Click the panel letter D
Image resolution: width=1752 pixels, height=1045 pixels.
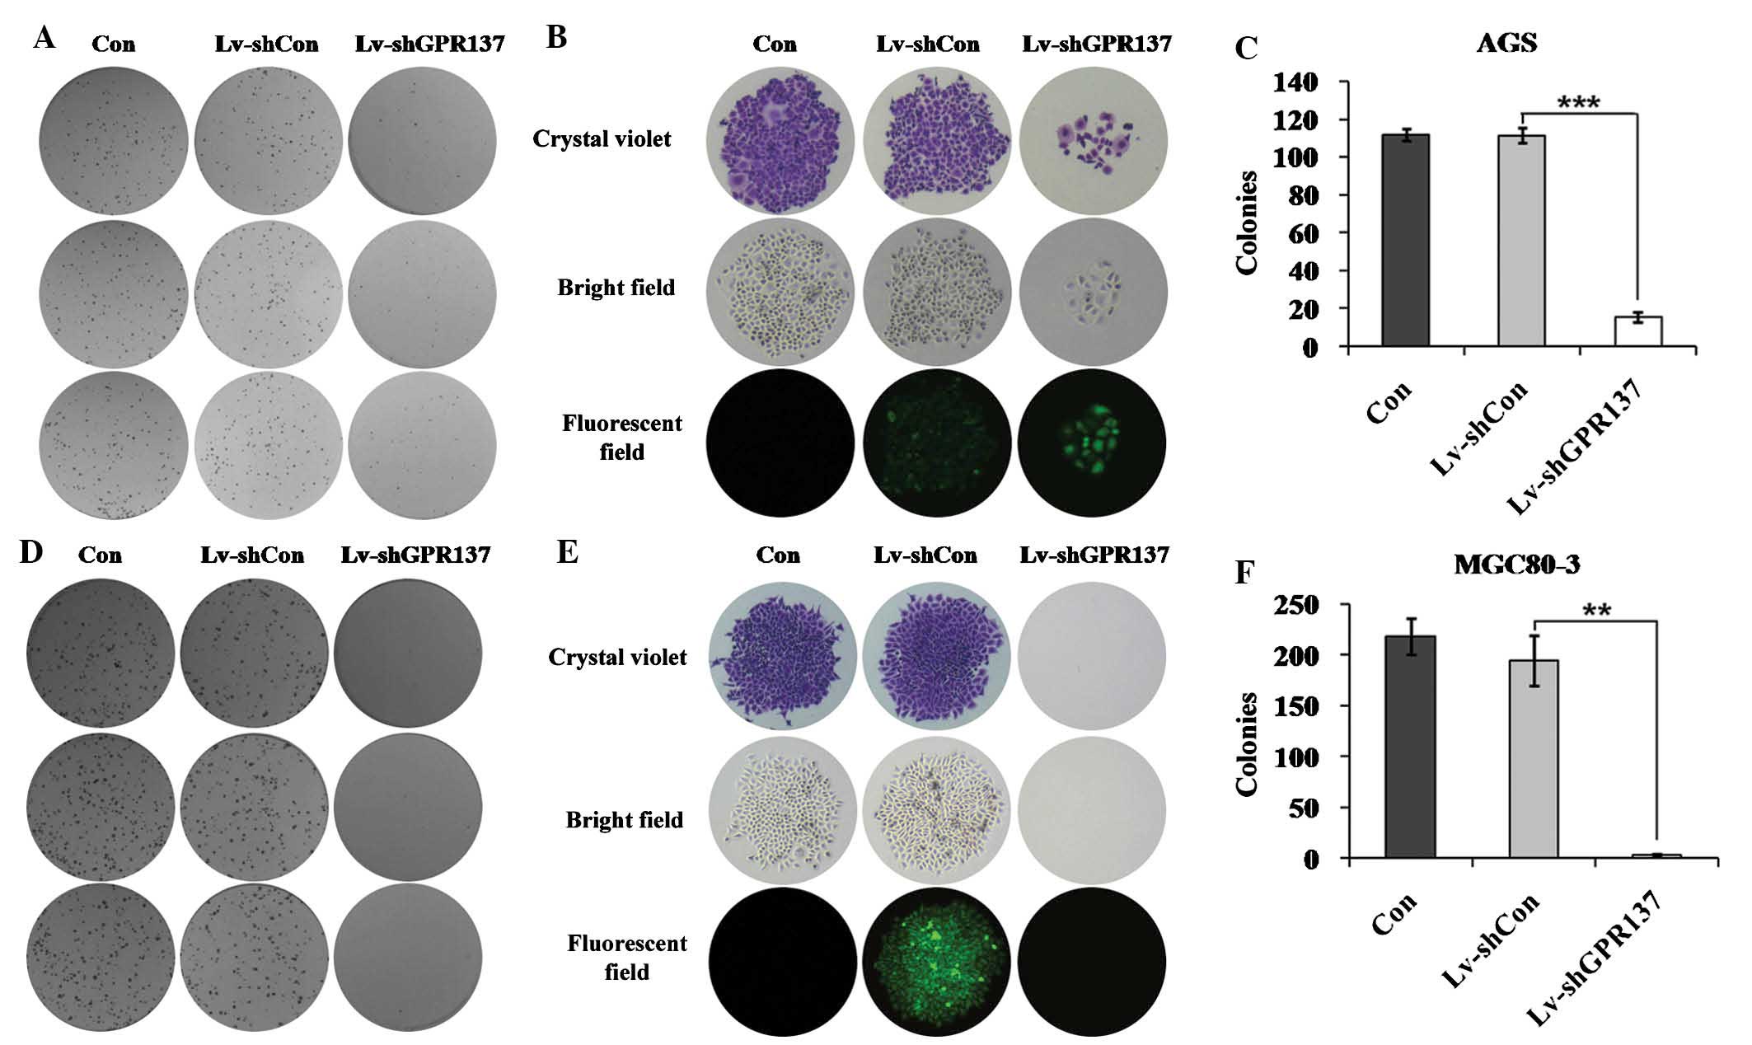pyautogui.click(x=31, y=551)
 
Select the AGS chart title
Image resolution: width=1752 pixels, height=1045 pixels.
pyautogui.click(x=1506, y=42)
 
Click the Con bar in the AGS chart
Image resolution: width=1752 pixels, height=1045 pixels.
pyautogui.click(x=1405, y=239)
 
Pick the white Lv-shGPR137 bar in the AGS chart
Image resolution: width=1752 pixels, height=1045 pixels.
pyautogui.click(x=1637, y=330)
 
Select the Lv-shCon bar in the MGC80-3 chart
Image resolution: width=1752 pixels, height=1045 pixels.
pyautogui.click(x=1534, y=758)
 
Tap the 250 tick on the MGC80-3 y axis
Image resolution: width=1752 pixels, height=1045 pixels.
pyautogui.click(x=1295, y=606)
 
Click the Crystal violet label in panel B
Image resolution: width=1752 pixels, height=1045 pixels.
pyautogui.click(x=602, y=138)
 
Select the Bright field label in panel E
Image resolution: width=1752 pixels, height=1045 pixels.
pyautogui.click(x=624, y=819)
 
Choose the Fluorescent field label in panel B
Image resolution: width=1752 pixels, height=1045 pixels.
pyautogui.click(x=621, y=438)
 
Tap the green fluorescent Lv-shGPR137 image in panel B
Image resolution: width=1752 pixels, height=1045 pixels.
pyautogui.click(x=1092, y=443)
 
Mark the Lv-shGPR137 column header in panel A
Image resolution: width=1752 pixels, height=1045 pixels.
pyautogui.click(x=429, y=44)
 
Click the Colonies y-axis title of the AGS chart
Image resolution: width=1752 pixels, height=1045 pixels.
pyautogui.click(x=1246, y=223)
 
